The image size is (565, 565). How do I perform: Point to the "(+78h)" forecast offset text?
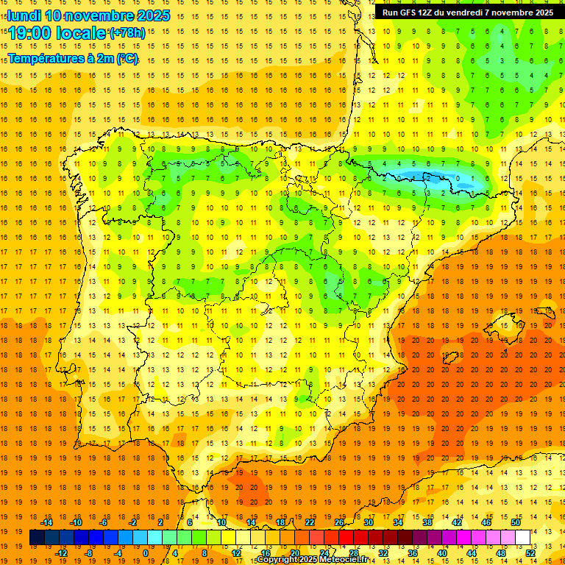tap(127, 33)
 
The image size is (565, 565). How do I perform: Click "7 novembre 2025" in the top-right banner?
tap(516, 13)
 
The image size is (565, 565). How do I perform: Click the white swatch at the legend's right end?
tap(522, 538)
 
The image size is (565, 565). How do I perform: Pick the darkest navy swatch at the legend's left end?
tap(37, 538)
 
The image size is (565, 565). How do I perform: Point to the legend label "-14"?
tap(46, 522)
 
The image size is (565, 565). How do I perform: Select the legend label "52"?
tap(530, 553)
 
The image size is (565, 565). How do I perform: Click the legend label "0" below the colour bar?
tap(146, 553)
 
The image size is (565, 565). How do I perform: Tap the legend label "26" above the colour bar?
tap(339, 522)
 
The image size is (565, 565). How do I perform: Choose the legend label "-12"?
tap(60, 553)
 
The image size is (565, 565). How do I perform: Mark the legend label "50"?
tap(516, 522)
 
